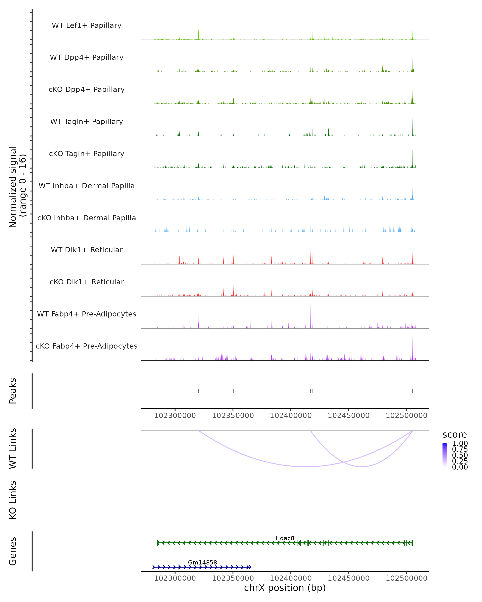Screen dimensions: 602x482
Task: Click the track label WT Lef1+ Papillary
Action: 87,25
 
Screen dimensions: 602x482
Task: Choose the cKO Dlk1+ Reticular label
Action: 87,282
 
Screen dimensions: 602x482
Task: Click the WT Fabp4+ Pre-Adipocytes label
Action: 87,314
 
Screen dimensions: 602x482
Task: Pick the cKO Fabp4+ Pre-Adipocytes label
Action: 87,346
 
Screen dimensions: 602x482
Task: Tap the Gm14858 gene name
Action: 202,562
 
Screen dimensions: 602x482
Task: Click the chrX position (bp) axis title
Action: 285,588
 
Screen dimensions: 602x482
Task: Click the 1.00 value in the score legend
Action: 460,443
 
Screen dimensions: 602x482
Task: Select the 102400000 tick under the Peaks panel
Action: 291,416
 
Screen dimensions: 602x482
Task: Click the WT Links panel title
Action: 13,448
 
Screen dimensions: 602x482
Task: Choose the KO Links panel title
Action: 13,500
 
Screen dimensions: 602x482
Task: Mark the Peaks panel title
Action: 13,391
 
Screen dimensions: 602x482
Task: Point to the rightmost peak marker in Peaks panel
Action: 413,391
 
